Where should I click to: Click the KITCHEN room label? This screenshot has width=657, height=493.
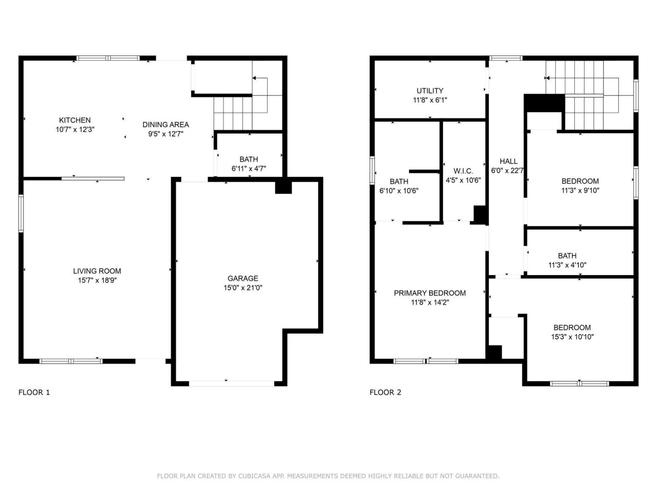tap(74, 120)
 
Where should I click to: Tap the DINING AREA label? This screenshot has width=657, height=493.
tap(165, 124)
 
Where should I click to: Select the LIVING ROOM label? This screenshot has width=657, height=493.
tap(97, 271)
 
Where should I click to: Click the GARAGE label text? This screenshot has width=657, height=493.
tap(243, 278)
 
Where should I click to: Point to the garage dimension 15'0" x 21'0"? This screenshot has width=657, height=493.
tap(243, 288)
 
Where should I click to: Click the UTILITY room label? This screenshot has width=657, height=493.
tap(430, 91)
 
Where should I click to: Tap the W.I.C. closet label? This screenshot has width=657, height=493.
tap(463, 171)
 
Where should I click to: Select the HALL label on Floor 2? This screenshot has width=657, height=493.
tap(509, 162)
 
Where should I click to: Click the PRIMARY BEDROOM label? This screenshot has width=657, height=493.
tap(430, 293)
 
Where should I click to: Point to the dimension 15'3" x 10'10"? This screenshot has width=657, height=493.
tap(572, 337)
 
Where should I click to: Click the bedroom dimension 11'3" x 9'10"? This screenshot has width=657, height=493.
tap(580, 191)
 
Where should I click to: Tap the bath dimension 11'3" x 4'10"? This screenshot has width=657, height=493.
tap(567, 265)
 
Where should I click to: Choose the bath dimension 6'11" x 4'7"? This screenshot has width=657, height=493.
tap(249, 169)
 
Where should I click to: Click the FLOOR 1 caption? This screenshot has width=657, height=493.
tap(34, 392)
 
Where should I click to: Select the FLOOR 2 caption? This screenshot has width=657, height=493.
tap(385, 392)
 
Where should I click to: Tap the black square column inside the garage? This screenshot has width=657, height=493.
tap(283, 188)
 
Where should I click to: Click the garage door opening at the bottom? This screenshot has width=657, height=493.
tap(232, 383)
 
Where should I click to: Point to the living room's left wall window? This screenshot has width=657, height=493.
tap(21, 214)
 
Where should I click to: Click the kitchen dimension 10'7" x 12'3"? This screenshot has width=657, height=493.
tap(75, 129)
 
